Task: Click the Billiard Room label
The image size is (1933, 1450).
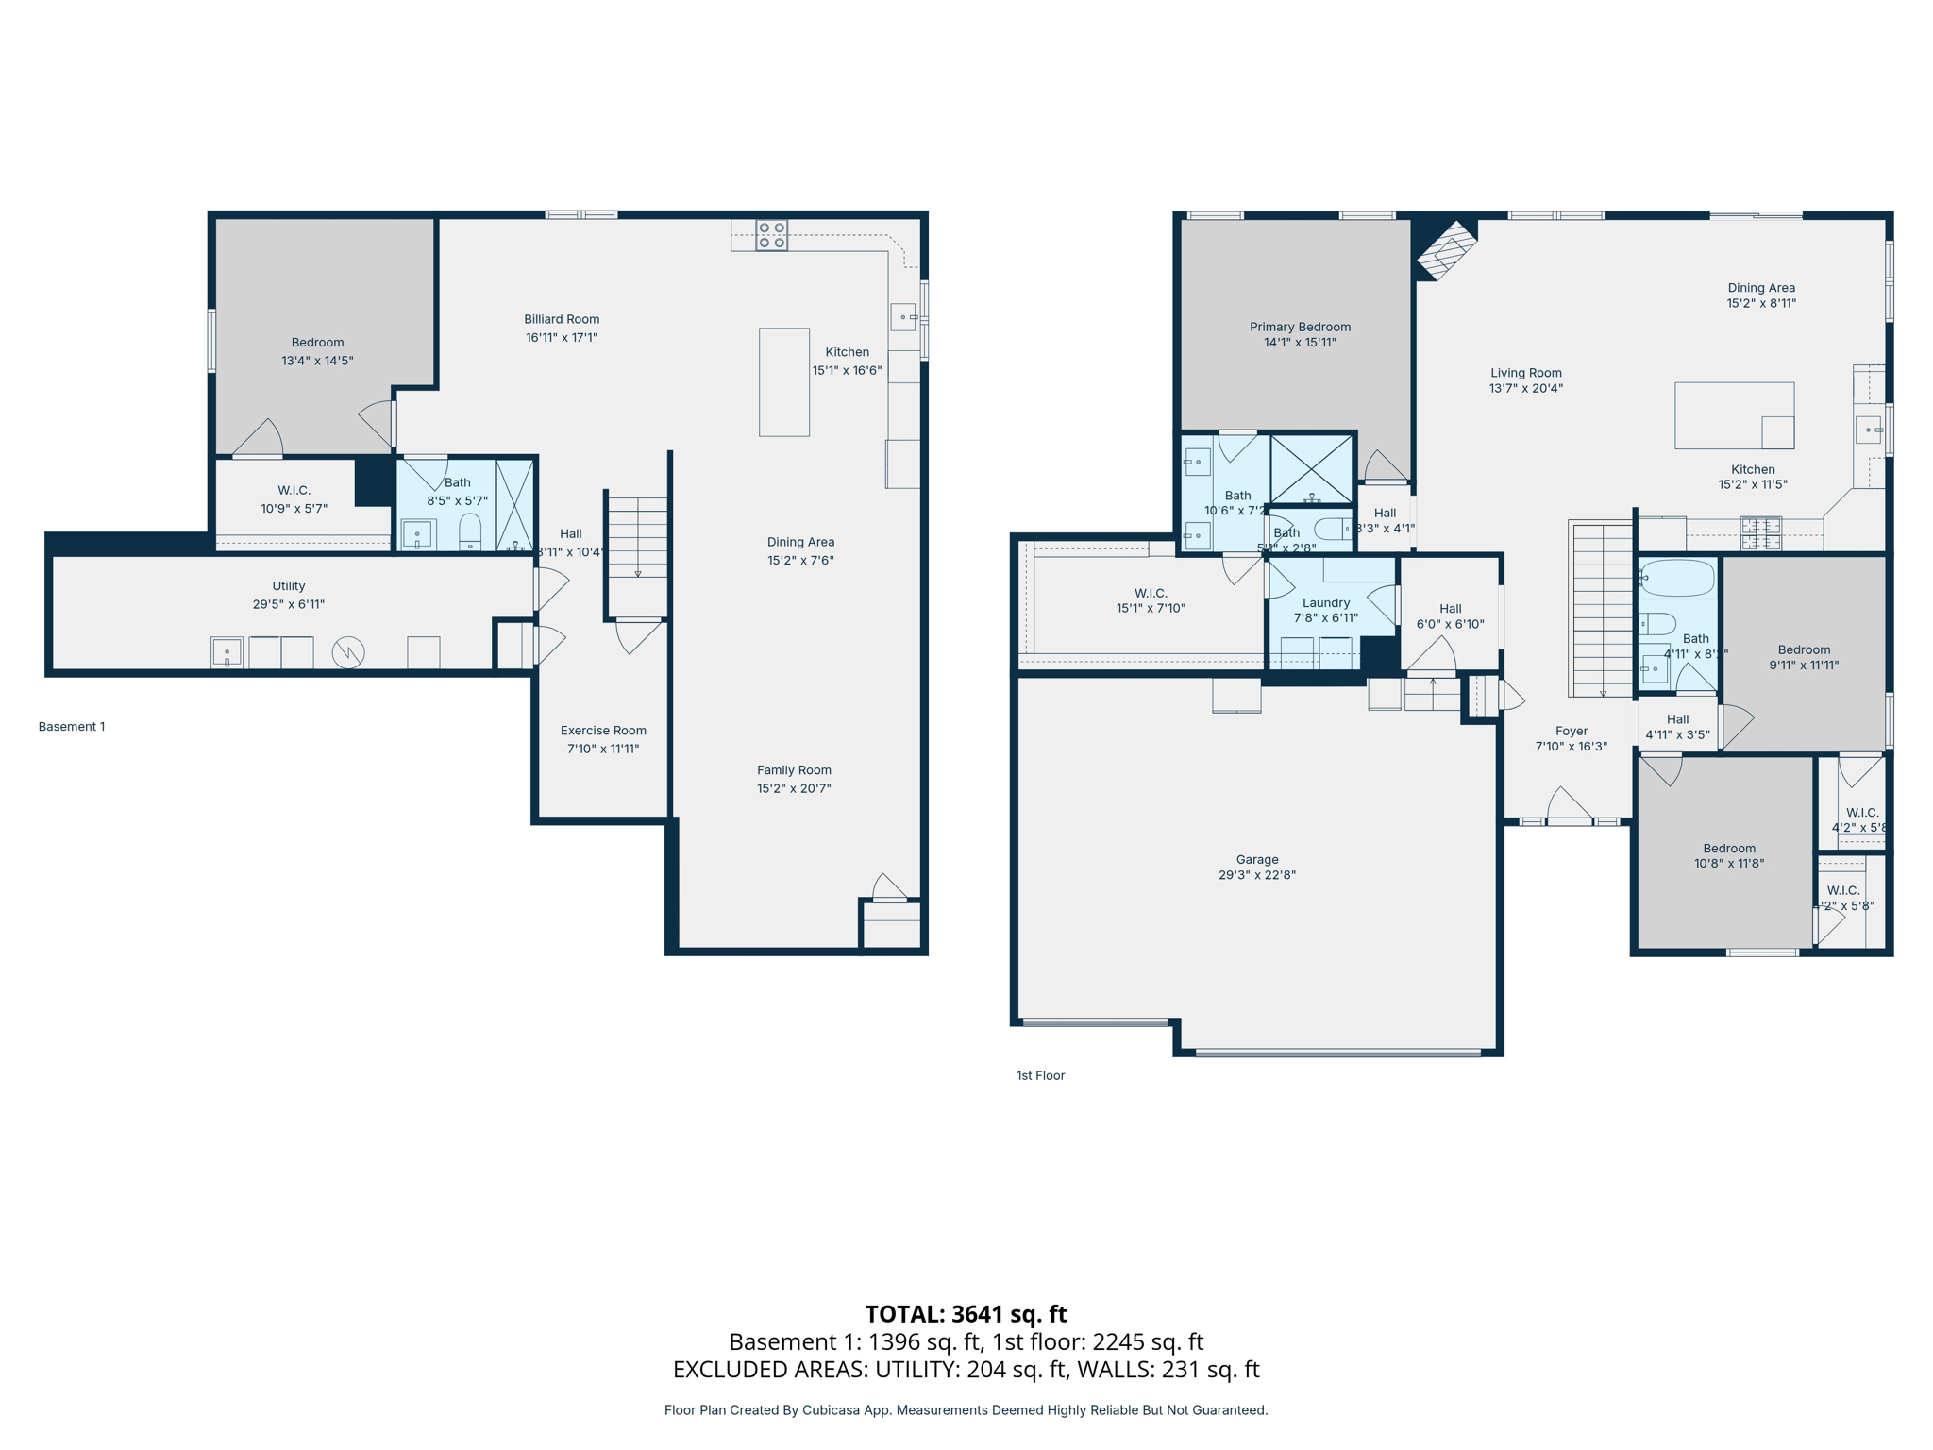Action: click(x=562, y=320)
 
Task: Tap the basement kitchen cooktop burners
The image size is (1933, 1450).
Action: click(x=771, y=235)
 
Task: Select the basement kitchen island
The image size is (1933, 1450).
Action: click(x=783, y=382)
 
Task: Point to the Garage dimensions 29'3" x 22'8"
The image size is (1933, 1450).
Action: click(x=1256, y=875)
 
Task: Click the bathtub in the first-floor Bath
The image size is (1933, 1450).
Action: click(x=1677, y=578)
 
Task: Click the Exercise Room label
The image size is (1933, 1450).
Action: click(x=603, y=731)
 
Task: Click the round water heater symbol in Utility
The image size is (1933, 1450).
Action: click(x=348, y=652)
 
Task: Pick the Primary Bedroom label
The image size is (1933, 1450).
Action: click(x=1300, y=328)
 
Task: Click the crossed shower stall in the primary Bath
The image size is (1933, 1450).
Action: click(x=1311, y=469)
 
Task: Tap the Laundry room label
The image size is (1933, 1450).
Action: click(x=1325, y=603)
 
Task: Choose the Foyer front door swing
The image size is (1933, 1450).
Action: click(x=1569, y=805)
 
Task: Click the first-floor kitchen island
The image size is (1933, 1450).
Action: click(x=1734, y=415)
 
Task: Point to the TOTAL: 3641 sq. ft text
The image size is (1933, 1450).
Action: click(x=966, y=1314)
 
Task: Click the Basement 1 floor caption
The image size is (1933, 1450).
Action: click(x=72, y=727)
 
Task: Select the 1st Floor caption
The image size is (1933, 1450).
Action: click(x=1040, y=1075)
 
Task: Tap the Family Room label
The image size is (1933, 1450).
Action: click(x=794, y=770)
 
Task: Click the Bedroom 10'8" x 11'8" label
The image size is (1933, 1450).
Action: click(x=1729, y=849)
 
